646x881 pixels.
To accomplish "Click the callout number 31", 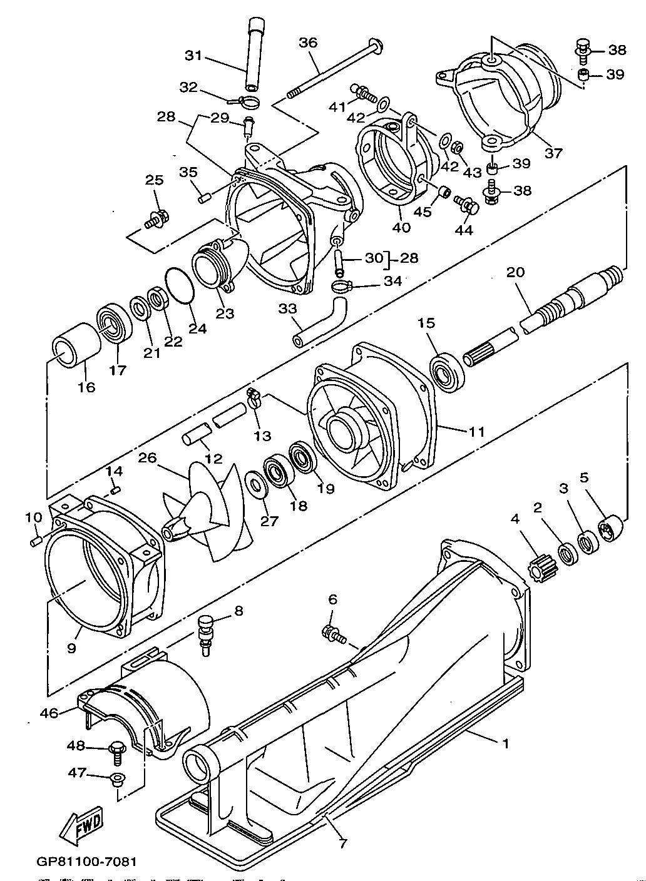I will point(193,55).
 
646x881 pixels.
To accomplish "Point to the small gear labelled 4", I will point(539,571).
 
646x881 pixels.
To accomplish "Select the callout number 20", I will point(516,272).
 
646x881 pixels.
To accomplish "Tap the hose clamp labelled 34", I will point(343,288).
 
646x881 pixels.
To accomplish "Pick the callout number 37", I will point(553,152).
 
